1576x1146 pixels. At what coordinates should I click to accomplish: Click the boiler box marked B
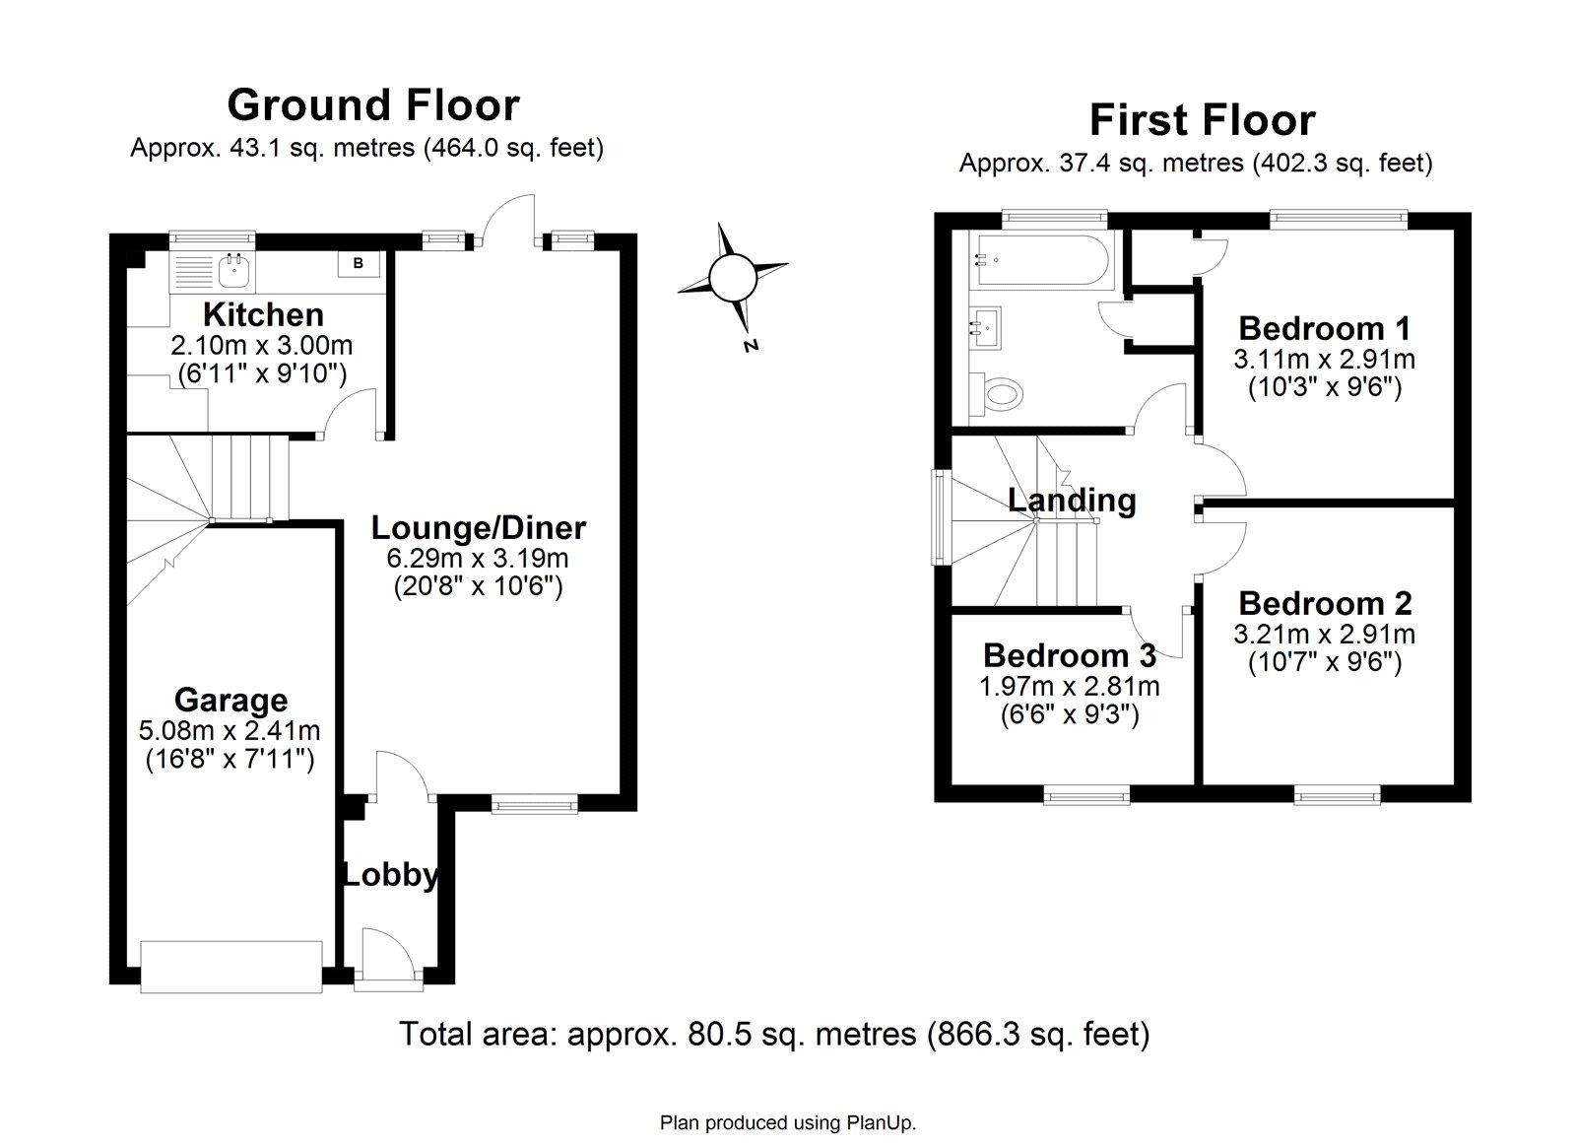pyautogui.click(x=359, y=264)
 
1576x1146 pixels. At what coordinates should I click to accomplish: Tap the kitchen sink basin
pyautogui.click(x=234, y=271)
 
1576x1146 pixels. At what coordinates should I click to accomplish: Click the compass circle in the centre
pyautogui.click(x=733, y=277)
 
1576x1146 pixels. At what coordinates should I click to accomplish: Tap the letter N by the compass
pyautogui.click(x=752, y=345)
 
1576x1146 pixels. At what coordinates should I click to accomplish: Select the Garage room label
pyautogui.click(x=230, y=701)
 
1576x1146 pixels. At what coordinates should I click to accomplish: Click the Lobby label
pyautogui.click(x=390, y=875)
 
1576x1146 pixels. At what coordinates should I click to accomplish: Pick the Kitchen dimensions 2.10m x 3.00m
pyautogui.click(x=262, y=346)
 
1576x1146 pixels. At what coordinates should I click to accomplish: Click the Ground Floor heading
pyautogui.click(x=373, y=104)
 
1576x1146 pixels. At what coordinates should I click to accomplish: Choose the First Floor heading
pyautogui.click(x=1203, y=119)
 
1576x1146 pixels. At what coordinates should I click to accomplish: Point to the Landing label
pyautogui.click(x=1072, y=501)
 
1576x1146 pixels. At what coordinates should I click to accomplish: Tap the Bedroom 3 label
pyautogui.click(x=1070, y=655)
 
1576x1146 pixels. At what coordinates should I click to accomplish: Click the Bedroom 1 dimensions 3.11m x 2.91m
pyautogui.click(x=1324, y=360)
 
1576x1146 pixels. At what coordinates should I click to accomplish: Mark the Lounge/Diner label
pyautogui.click(x=479, y=528)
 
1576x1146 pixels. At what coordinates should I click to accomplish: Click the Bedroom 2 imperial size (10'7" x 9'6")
pyautogui.click(x=1325, y=662)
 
